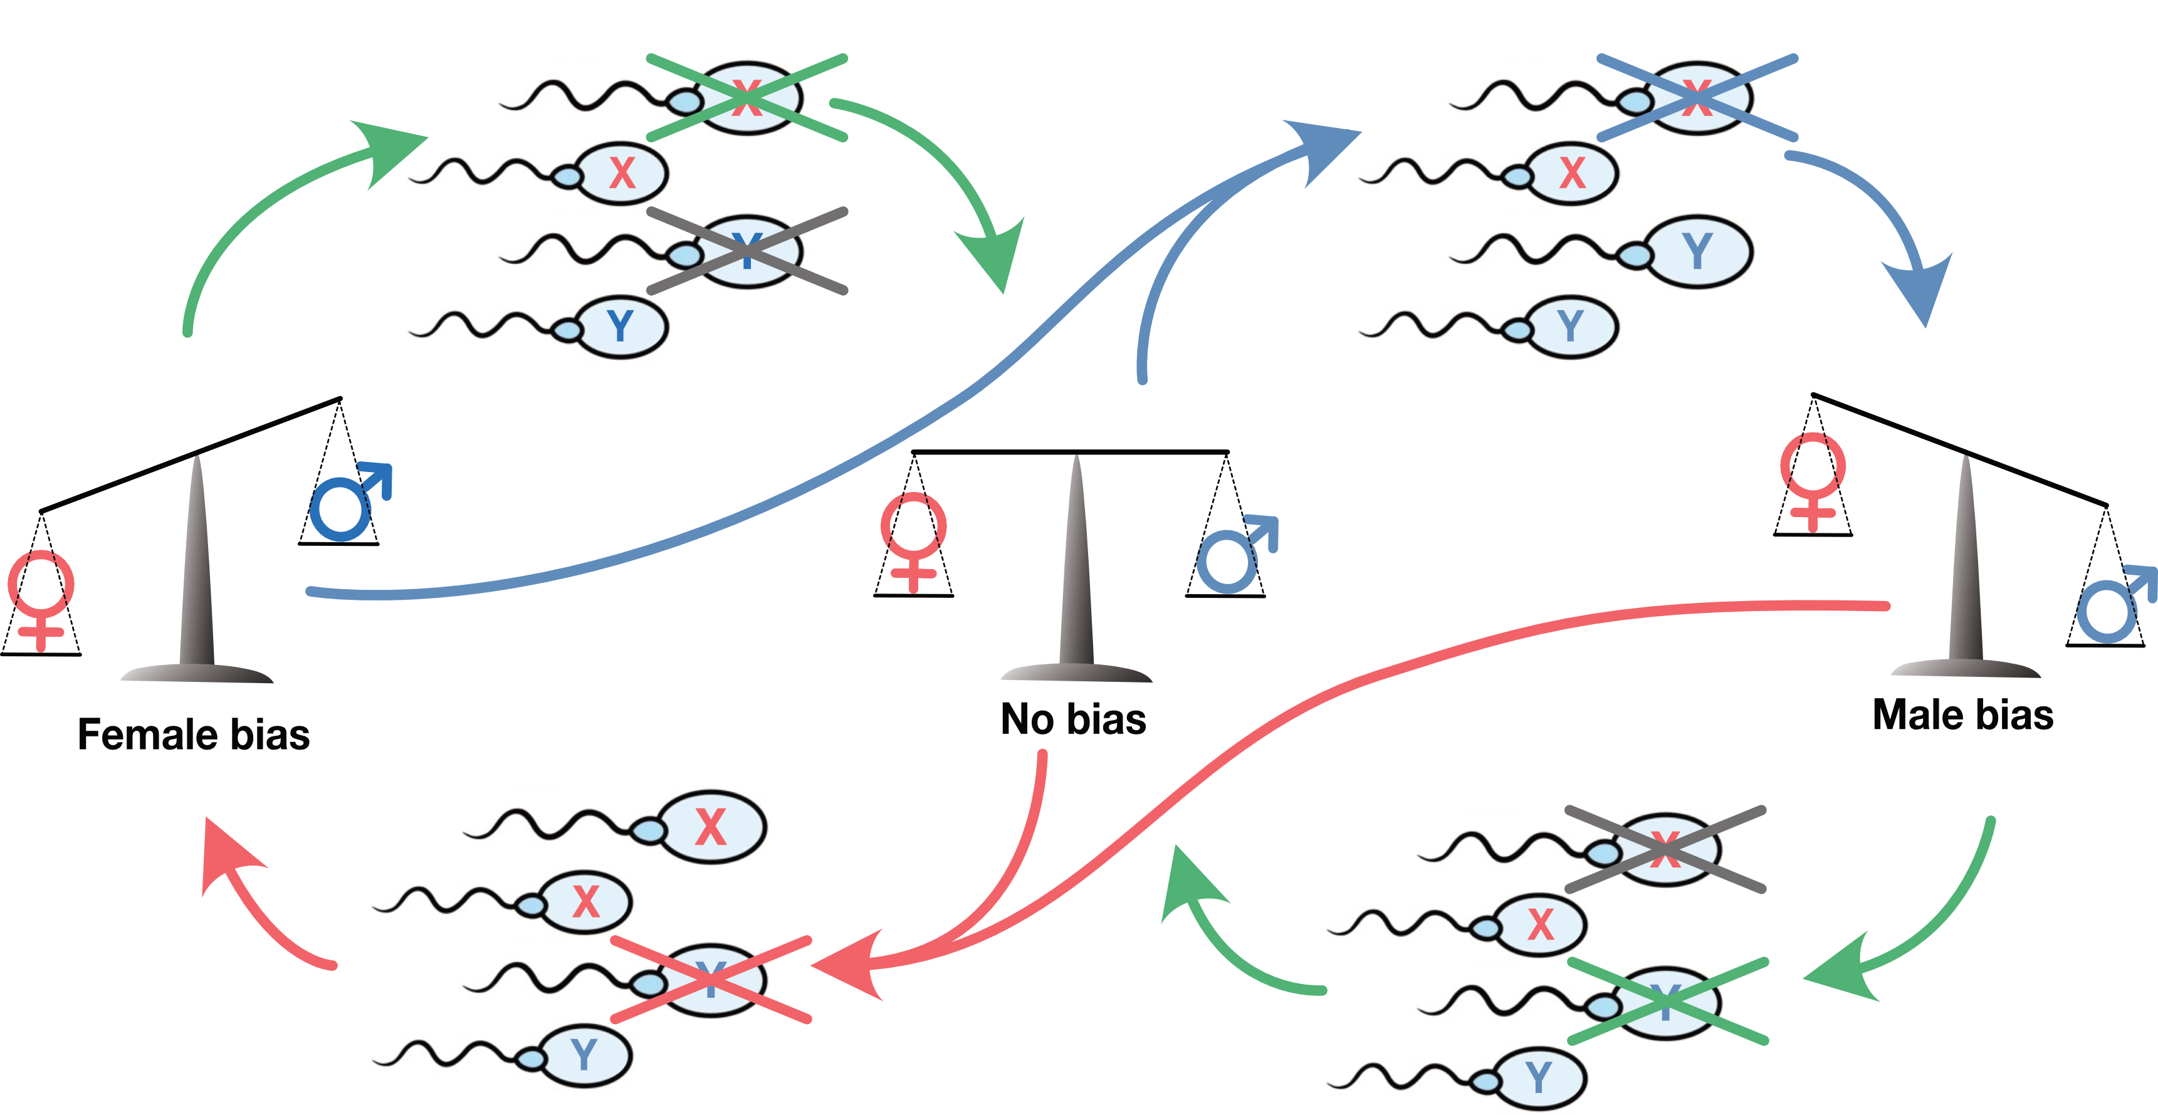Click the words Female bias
click(194, 735)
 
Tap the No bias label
click(1073, 720)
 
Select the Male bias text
click(1963, 715)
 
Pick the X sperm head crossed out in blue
click(1698, 98)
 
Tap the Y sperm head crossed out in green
click(1667, 1003)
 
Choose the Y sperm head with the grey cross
click(747, 251)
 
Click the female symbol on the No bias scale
click(913, 540)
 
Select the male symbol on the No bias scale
click(1235, 553)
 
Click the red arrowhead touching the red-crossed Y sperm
click(851, 966)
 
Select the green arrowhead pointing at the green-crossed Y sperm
click(1843, 971)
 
